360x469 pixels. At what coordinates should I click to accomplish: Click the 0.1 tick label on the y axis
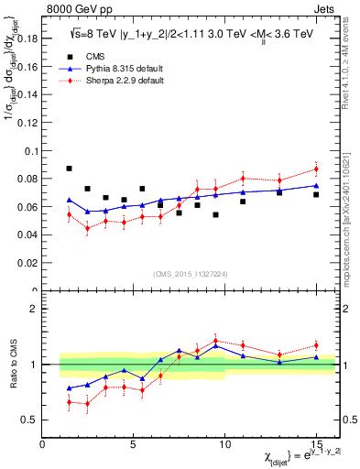point(30,151)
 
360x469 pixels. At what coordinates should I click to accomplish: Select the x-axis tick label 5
point(134,444)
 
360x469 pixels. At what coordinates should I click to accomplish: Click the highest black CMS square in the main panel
point(70,169)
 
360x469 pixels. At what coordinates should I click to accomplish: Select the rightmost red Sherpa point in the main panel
point(316,169)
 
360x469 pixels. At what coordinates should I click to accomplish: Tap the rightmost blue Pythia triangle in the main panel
point(316,186)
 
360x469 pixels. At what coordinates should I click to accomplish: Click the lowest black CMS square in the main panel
point(215,214)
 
